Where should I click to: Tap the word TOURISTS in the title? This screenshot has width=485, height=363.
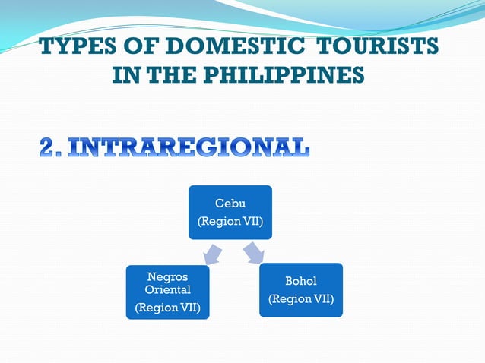point(378,47)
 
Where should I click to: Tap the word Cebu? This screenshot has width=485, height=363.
point(230,203)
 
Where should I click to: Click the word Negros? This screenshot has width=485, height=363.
point(167,276)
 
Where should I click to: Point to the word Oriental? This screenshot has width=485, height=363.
point(167,289)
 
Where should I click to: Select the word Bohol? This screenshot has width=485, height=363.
point(301,281)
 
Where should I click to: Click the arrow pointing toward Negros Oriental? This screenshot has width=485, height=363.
point(212,254)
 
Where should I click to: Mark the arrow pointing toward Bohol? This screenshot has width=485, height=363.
point(252,253)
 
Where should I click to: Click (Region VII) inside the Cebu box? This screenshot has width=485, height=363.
point(230,222)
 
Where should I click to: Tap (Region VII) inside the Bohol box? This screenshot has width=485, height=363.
point(301,299)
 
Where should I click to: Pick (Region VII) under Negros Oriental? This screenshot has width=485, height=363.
point(167,308)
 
